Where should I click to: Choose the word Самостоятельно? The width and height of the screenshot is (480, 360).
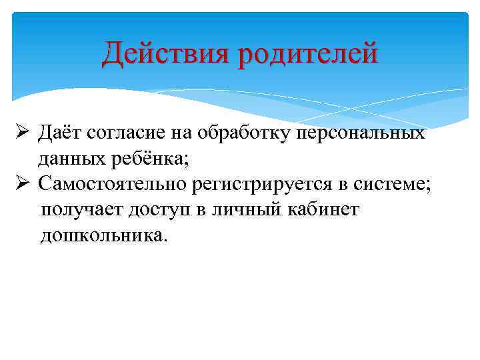point(111,185)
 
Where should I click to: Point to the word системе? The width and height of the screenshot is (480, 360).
point(391,185)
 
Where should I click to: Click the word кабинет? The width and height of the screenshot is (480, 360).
point(324,211)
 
